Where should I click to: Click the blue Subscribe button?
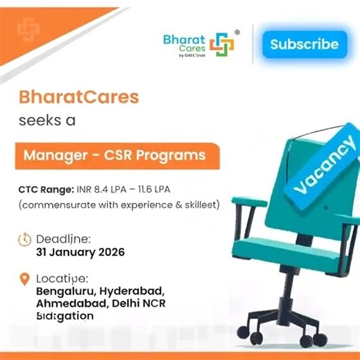pyautogui.click(x=304, y=44)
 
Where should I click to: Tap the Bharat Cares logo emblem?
pyautogui.click(x=222, y=45)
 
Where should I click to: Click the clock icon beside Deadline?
pyautogui.click(x=25, y=240)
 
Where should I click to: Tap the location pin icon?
pyautogui.click(x=24, y=281)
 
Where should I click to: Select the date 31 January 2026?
pyautogui.click(x=80, y=253)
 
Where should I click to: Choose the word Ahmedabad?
pyautogui.click(x=66, y=304)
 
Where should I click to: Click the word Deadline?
pyautogui.click(x=63, y=239)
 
